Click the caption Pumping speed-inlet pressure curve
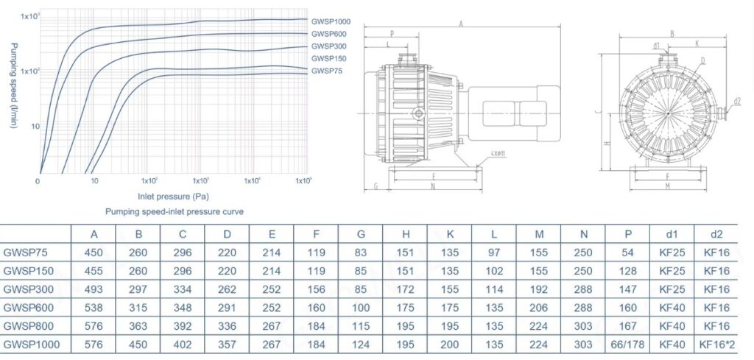pyautogui.click(x=174, y=211)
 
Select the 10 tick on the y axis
pyautogui.click(x=33, y=127)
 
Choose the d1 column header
pyautogui.click(x=672, y=234)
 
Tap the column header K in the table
pyautogui.click(x=449, y=234)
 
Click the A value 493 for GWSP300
pyautogui.click(x=94, y=289)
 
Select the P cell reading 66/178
pyautogui.click(x=627, y=343)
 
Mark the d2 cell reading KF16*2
pyautogui.click(x=716, y=343)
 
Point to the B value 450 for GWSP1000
pyautogui.click(x=138, y=343)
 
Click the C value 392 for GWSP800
pyautogui.click(x=183, y=325)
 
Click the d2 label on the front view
pyautogui.click(x=737, y=101)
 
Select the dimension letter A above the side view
pyautogui.click(x=460, y=24)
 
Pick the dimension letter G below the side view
pyautogui.click(x=376, y=186)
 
